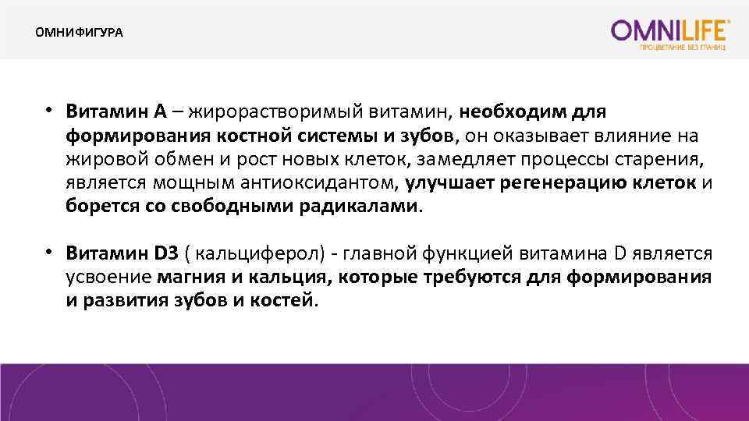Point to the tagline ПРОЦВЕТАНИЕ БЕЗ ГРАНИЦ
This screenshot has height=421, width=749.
click(683, 48)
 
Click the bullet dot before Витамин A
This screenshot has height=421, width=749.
click(48, 110)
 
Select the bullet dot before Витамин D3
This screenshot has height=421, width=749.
click(48, 252)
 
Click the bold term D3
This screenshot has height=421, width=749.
click(168, 253)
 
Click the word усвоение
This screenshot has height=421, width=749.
click(108, 278)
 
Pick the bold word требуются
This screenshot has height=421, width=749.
click(479, 278)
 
